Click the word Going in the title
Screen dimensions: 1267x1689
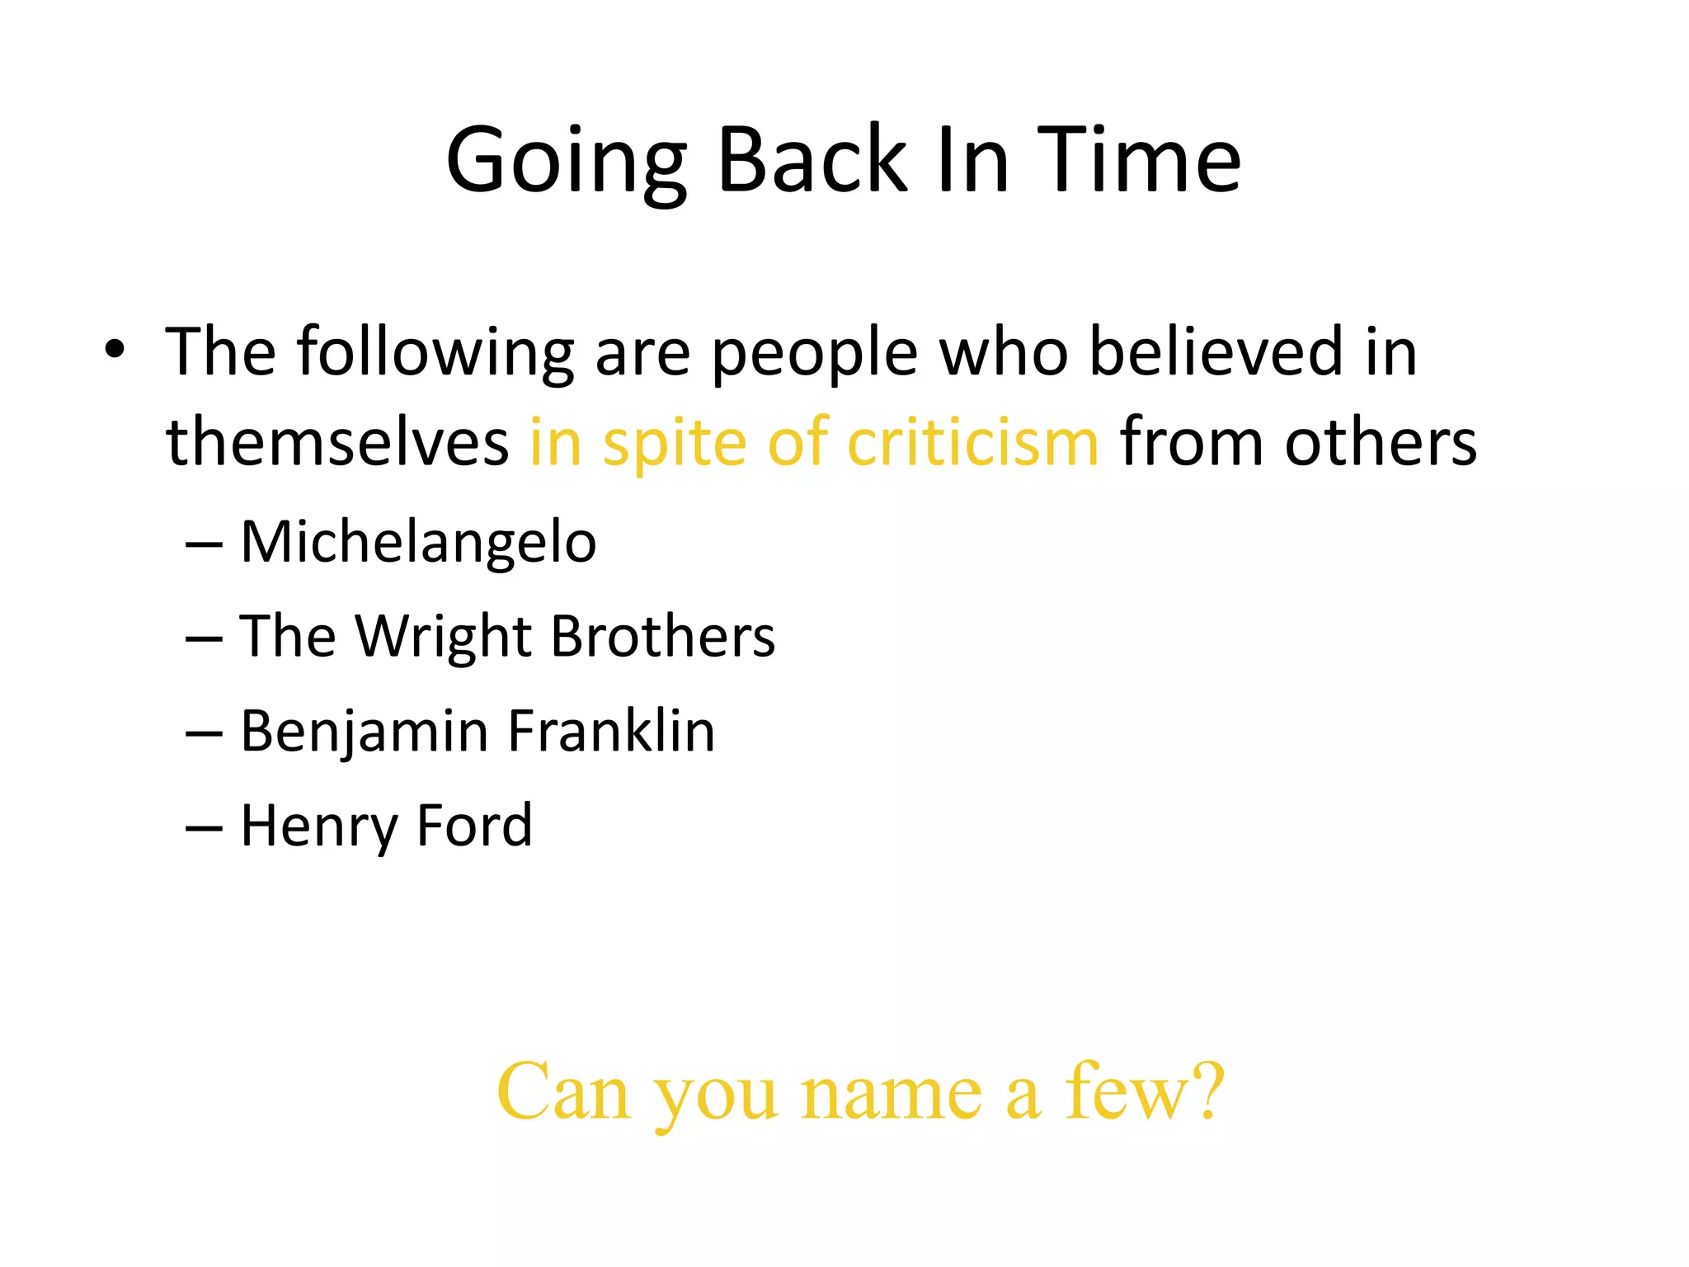566,162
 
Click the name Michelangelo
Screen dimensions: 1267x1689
418,544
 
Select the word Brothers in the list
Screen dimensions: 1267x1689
663,636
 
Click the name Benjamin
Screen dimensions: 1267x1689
365,732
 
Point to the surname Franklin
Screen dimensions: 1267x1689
611,731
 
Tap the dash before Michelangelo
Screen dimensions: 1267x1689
204,545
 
